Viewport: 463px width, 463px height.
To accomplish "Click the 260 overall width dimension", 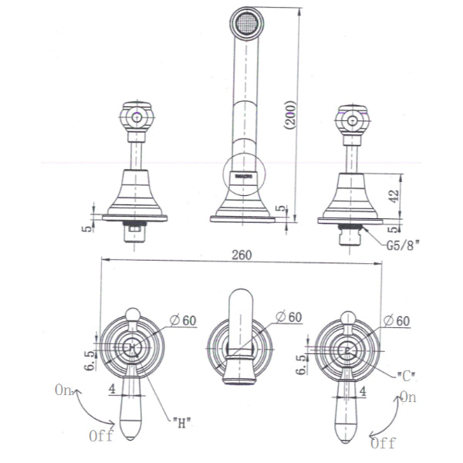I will point(240,255).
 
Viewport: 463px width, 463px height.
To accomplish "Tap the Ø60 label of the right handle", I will point(399,320).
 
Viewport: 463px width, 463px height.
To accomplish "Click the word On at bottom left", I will point(64,390).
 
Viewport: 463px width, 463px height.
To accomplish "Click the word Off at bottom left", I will point(100,436).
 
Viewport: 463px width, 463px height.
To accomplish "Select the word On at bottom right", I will point(408,397).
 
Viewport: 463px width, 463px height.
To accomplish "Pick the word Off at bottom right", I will point(384,443).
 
